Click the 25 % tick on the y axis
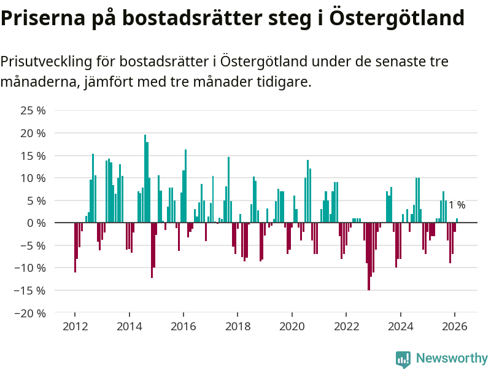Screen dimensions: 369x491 (34, 111)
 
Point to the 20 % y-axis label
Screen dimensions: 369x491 (34, 133)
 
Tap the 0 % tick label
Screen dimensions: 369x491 (36, 223)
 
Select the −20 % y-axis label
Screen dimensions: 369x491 (31, 313)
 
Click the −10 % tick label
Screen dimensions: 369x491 (31, 268)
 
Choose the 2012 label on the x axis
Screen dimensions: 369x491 (75, 327)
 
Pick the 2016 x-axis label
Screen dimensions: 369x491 (184, 327)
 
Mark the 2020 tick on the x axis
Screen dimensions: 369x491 (292, 327)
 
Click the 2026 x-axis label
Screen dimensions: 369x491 (455, 327)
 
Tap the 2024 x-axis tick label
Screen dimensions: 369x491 (401, 327)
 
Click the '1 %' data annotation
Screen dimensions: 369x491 (457, 205)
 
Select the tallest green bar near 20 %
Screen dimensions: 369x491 (145, 178)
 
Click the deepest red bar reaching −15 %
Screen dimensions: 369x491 (369, 256)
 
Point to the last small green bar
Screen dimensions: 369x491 (457, 220)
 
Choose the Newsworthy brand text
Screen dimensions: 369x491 (452, 358)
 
